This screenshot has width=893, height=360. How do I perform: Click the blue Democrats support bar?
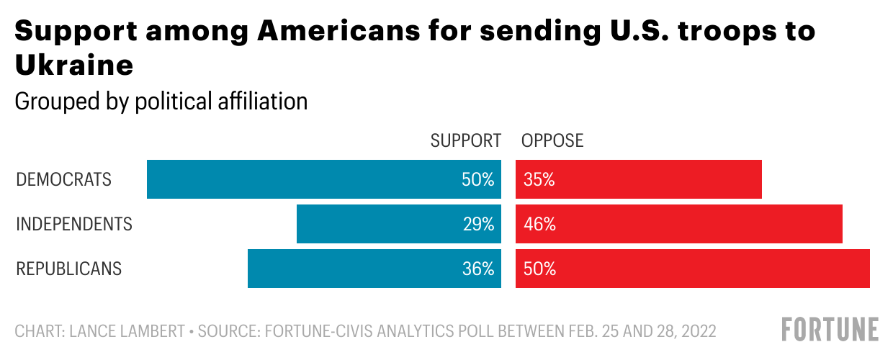302,179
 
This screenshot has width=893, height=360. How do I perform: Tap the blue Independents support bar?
374,224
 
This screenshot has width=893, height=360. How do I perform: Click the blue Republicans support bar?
353,269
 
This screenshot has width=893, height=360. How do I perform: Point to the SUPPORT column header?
465,140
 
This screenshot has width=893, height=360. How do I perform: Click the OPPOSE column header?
552,140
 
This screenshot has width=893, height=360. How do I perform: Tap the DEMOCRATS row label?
64,179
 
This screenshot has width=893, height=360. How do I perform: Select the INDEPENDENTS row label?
74,224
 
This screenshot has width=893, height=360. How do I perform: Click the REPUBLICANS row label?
69,269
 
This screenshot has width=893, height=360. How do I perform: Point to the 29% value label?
478,224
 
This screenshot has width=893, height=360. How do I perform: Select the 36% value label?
478,269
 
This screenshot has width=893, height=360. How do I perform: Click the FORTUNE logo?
830,329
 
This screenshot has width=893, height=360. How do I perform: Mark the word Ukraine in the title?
73,66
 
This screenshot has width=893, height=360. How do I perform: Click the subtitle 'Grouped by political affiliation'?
161,101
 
